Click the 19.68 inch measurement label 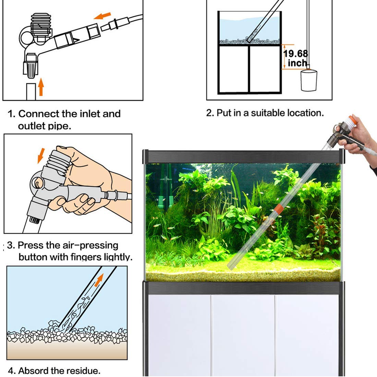pos(296,58)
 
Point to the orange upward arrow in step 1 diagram pos(41,87)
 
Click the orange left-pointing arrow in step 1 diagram pos(102,16)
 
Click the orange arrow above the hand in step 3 pos(41,155)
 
